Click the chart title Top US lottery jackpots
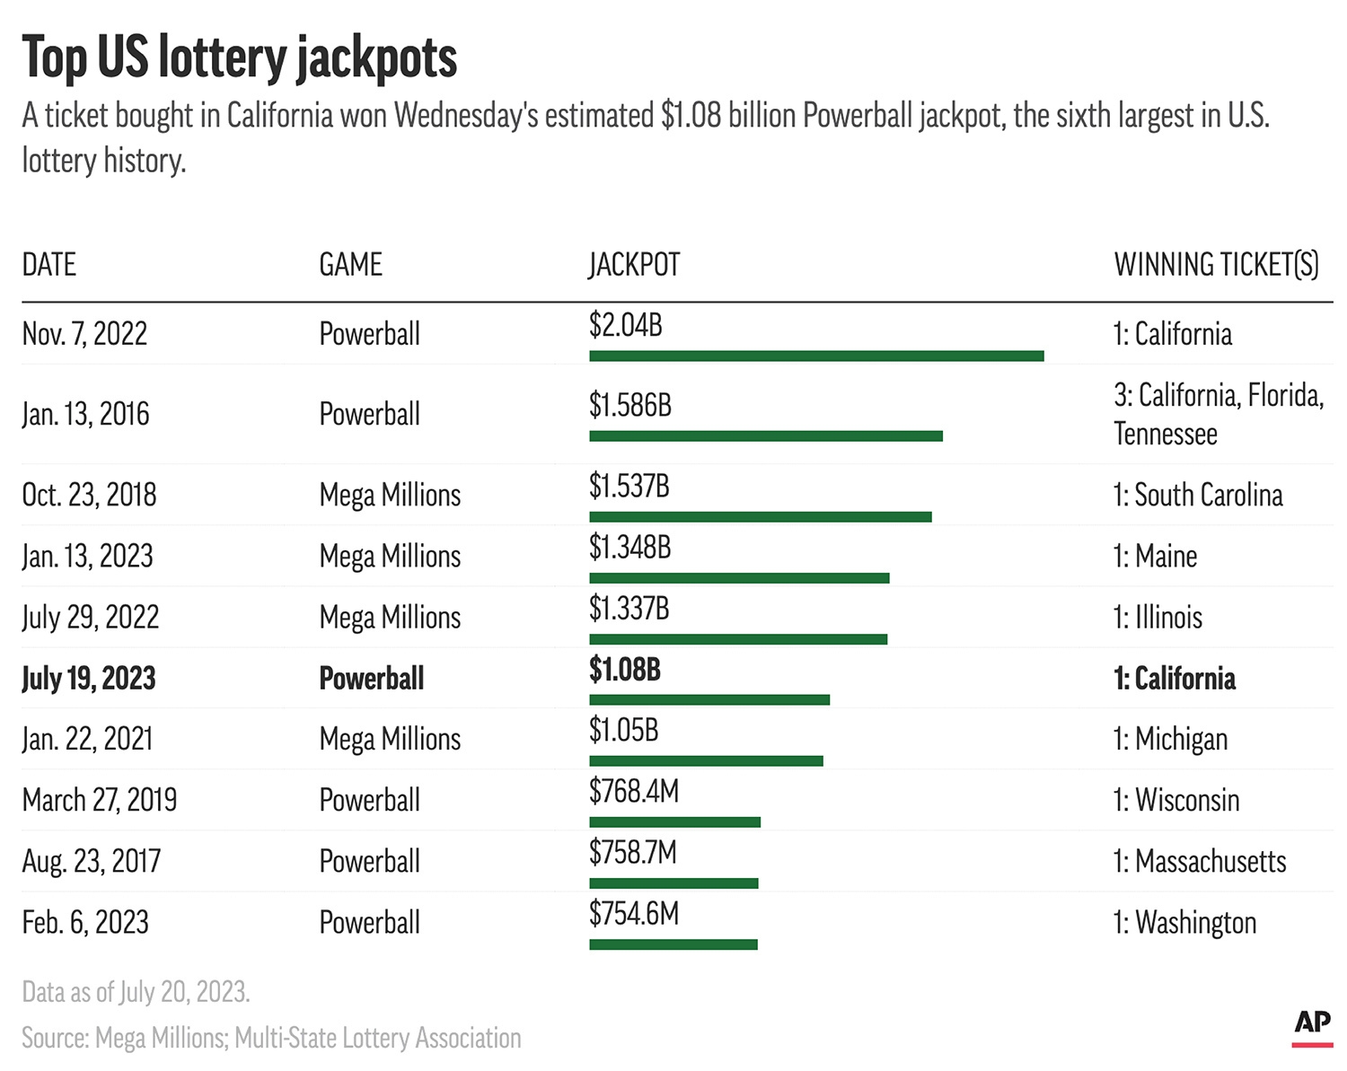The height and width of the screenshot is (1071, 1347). pyautogui.click(x=239, y=58)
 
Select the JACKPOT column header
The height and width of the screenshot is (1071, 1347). pyautogui.click(x=634, y=265)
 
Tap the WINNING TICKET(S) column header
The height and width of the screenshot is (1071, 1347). pyautogui.click(x=1216, y=265)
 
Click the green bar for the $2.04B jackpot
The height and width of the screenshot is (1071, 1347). pyautogui.click(x=816, y=356)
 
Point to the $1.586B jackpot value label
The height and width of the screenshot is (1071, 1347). pyautogui.click(x=629, y=406)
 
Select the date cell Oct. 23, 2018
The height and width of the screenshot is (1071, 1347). pyautogui.click(x=89, y=495)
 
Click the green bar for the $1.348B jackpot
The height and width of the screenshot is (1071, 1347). pyautogui.click(x=739, y=578)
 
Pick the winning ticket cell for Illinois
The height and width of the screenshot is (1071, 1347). pyautogui.click(x=1158, y=618)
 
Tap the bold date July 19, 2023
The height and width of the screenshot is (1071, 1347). pyautogui.click(x=89, y=679)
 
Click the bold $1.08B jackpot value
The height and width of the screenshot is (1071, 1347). pyautogui.click(x=624, y=670)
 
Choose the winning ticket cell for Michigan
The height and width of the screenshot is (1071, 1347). pyautogui.click(x=1170, y=740)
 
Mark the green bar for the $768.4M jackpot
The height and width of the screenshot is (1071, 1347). pyautogui.click(x=674, y=822)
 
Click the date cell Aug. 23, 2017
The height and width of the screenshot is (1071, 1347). pyautogui.click(x=92, y=862)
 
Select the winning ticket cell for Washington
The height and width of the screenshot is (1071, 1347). pyautogui.click(x=1184, y=923)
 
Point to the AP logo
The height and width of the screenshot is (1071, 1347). pyautogui.click(x=1312, y=1024)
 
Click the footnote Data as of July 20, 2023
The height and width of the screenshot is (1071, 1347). pyautogui.click(x=136, y=992)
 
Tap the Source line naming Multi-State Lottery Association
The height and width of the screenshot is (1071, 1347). pyautogui.click(x=271, y=1038)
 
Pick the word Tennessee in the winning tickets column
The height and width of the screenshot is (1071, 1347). pyautogui.click(x=1166, y=435)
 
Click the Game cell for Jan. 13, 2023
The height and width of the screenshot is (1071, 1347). pyautogui.click(x=390, y=557)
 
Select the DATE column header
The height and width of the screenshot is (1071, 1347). pyautogui.click(x=49, y=265)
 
